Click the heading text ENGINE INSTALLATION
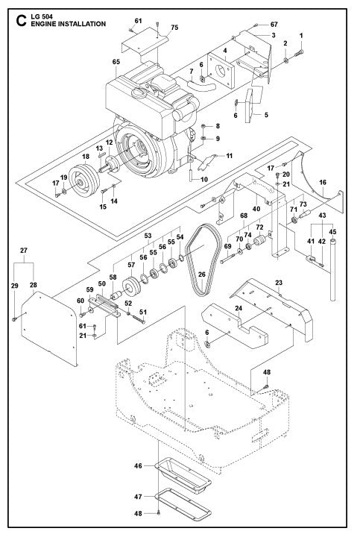(x=61, y=24)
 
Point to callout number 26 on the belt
(x=201, y=274)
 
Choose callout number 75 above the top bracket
(x=174, y=28)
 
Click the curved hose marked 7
(x=201, y=87)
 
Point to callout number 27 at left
(x=25, y=251)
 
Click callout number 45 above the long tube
(x=332, y=231)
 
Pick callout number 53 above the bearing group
(x=147, y=235)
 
